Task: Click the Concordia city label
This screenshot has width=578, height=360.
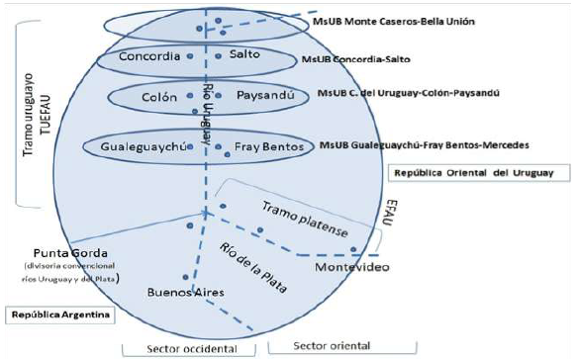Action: (x=147, y=57)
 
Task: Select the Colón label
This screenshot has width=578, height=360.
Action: (x=159, y=98)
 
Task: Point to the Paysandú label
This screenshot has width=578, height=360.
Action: (x=265, y=98)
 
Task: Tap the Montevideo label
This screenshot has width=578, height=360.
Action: (x=349, y=268)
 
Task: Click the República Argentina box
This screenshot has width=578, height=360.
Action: (x=59, y=316)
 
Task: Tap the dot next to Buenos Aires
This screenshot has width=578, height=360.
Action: (x=186, y=278)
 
